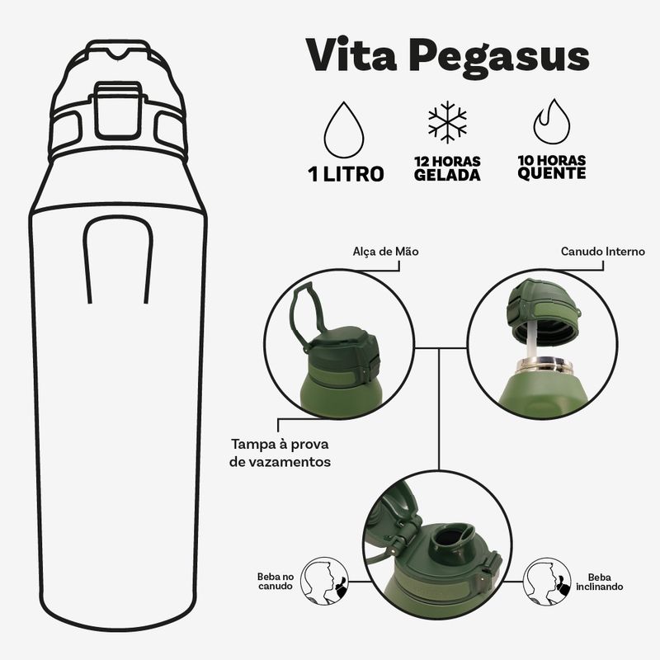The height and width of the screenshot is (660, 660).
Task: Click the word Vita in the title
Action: [x=351, y=54]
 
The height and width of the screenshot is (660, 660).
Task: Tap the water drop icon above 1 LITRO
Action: [x=344, y=130]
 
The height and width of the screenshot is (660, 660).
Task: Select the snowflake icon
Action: [x=447, y=122]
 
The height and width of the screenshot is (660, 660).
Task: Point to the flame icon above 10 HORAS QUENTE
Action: [x=551, y=122]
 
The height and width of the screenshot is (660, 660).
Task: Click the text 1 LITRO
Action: [x=346, y=174]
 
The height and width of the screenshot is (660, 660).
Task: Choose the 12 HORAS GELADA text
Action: [x=447, y=168]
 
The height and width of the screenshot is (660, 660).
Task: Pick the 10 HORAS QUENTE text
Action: [x=551, y=167]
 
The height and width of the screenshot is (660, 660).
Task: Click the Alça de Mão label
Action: [x=385, y=252]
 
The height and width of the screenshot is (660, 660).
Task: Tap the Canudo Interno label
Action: [x=603, y=252]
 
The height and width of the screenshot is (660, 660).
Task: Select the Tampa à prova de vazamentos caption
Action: [x=280, y=453]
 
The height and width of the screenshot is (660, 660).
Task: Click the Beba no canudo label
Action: [x=276, y=582]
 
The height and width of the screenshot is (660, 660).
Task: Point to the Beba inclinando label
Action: [x=600, y=582]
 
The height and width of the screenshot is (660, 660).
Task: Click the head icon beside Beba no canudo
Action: [x=325, y=581]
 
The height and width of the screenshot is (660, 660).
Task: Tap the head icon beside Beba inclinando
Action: [x=547, y=582]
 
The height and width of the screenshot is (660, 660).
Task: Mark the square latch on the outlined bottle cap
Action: [x=117, y=111]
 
